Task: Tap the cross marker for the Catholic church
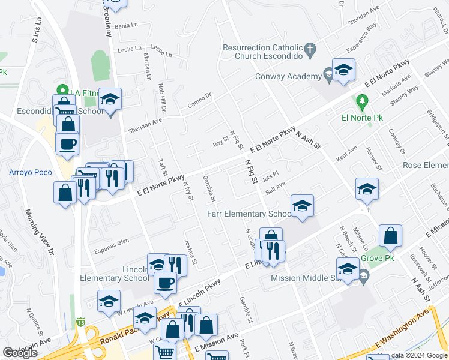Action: (310, 50)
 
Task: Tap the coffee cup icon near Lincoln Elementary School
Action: (166, 282)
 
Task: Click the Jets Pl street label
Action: (267, 179)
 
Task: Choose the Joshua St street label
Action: (191, 249)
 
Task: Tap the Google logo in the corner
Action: (20, 353)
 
